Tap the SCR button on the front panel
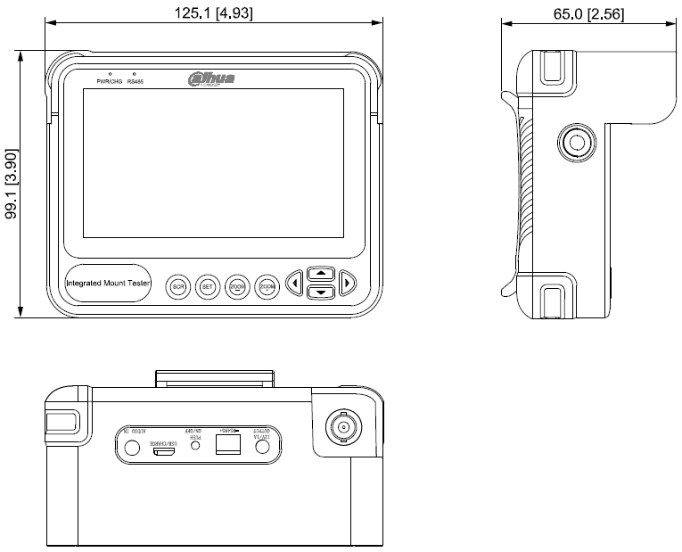(x=178, y=286)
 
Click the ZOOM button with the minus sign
(x=237, y=286)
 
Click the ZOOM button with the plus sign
(x=267, y=286)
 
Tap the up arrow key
(x=321, y=274)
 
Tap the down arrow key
(x=321, y=292)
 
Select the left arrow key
(x=294, y=284)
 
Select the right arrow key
(x=348, y=284)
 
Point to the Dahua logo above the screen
(x=211, y=79)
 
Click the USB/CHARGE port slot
(x=163, y=452)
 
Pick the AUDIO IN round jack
(x=131, y=449)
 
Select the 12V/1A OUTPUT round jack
(x=262, y=449)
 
